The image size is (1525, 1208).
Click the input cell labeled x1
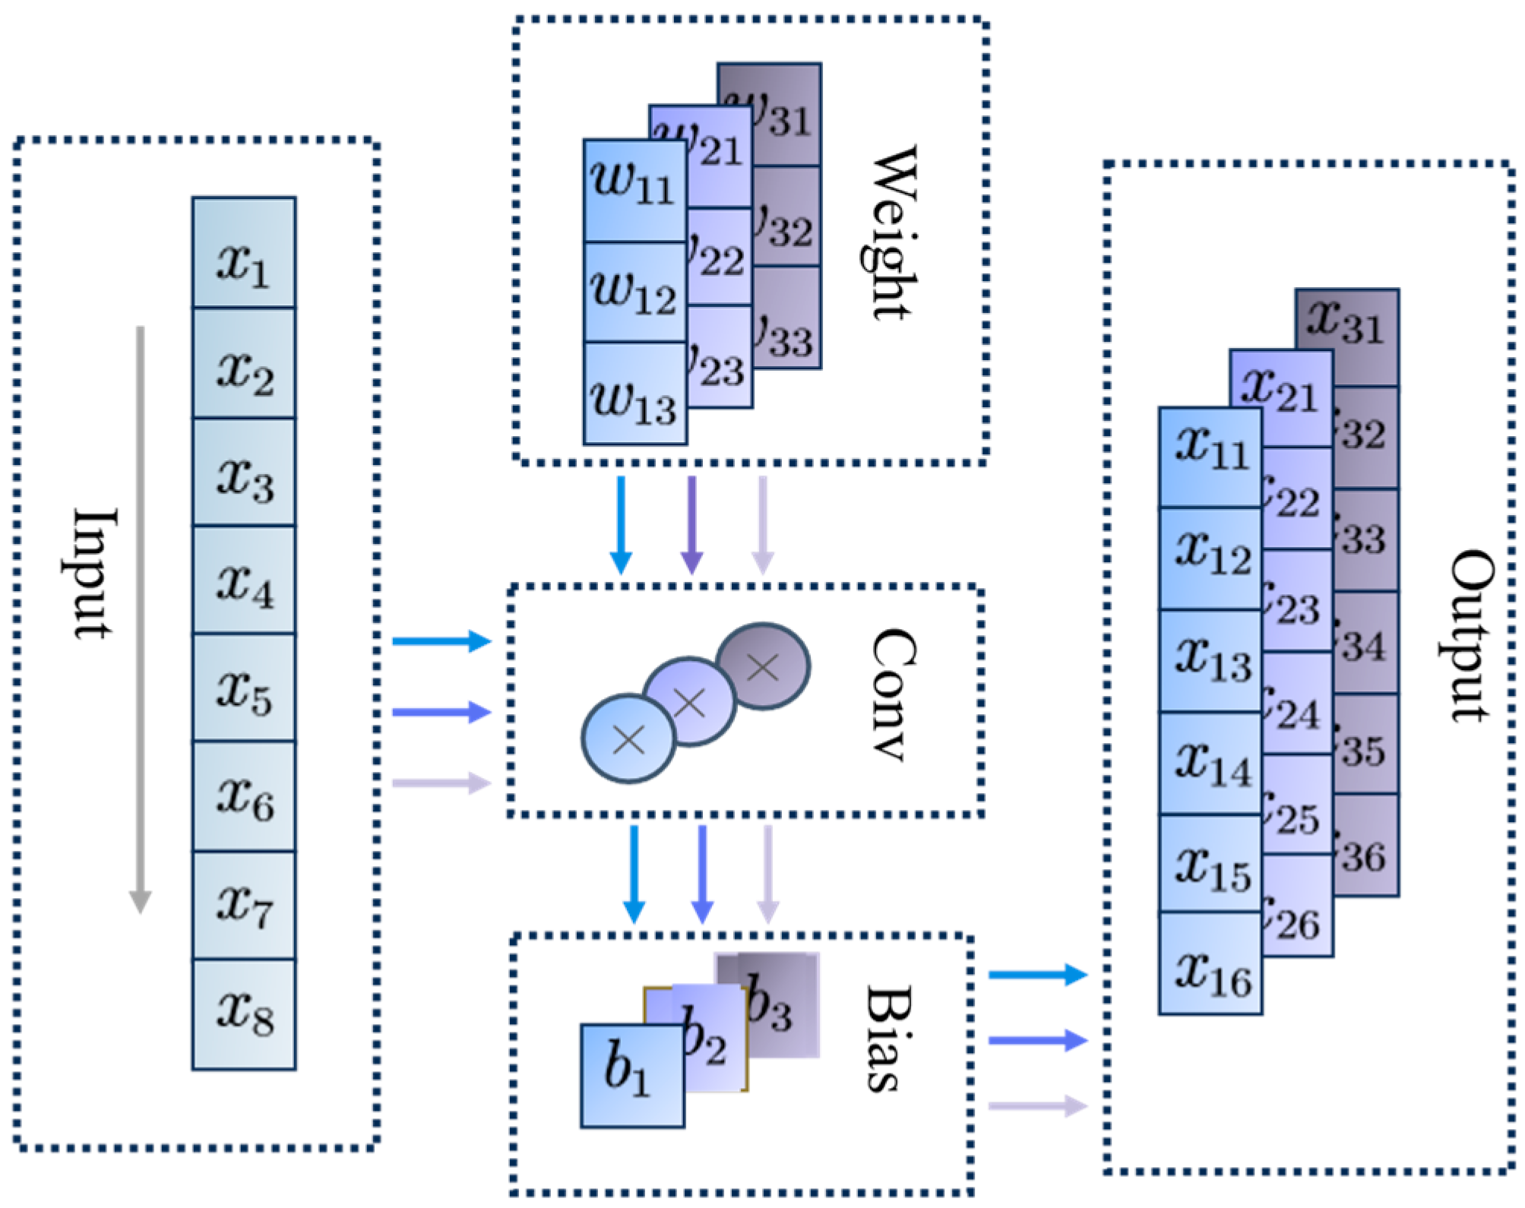[244, 253]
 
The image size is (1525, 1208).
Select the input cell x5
[244, 688]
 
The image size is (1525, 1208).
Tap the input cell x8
[244, 1014]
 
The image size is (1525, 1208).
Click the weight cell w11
[634, 190]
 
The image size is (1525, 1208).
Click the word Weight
[894, 232]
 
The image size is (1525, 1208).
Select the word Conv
[894, 695]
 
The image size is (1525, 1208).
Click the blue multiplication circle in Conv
[628, 738]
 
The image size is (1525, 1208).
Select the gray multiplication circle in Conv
[763, 667]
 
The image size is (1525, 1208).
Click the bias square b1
[632, 1075]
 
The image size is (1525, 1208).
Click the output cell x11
[1210, 456]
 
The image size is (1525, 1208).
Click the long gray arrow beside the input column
[140, 619]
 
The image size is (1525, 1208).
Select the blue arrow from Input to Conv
[441, 641]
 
